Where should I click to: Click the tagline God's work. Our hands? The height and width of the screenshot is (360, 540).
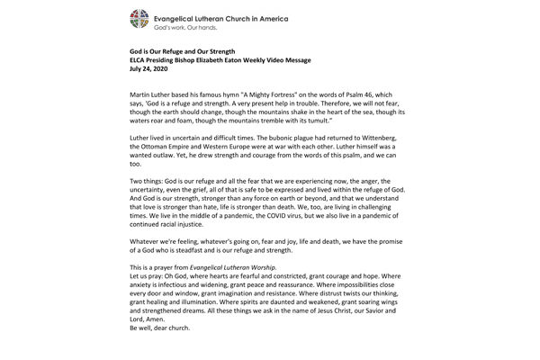pyautogui.click(x=191, y=27)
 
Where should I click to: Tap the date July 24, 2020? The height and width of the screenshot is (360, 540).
pyautogui.click(x=148, y=68)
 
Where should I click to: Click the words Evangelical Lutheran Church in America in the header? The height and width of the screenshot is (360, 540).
pyautogui.click(x=236, y=15)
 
